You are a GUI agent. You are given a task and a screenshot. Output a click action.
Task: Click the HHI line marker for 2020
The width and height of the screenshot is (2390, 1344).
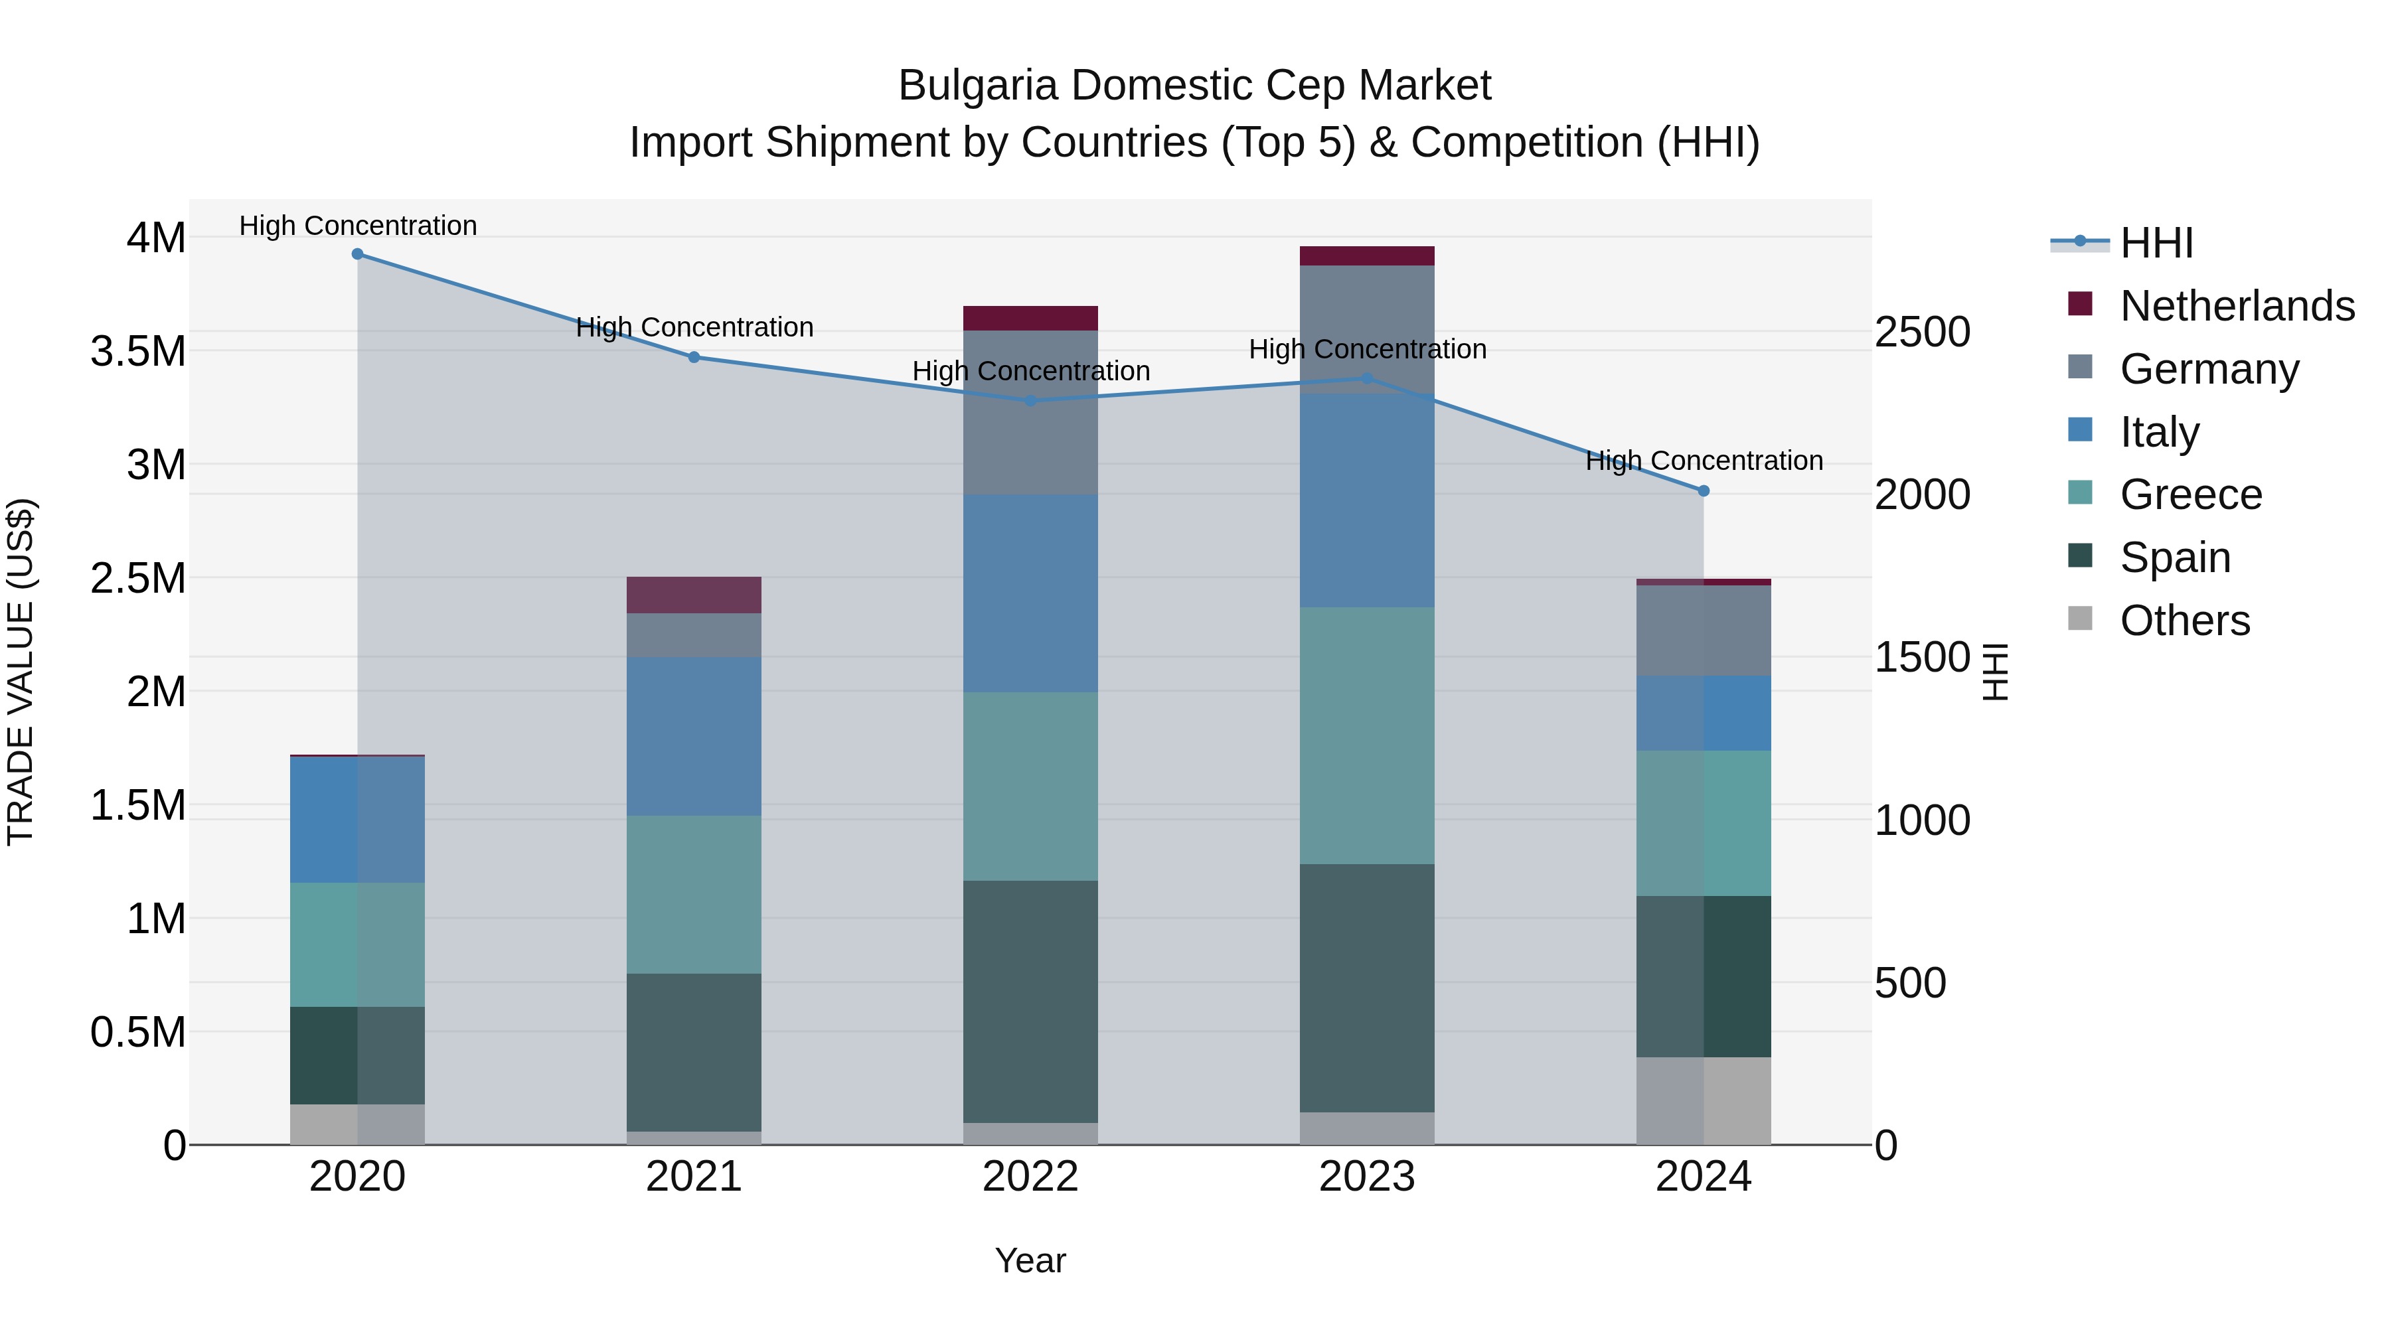(357, 254)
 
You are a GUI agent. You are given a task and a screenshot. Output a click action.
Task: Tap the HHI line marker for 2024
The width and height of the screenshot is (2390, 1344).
(1704, 490)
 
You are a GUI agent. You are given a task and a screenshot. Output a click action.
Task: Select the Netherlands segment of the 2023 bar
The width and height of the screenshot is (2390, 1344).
(1367, 256)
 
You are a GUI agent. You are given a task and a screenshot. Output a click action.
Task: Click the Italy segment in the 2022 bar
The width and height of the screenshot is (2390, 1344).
(1030, 593)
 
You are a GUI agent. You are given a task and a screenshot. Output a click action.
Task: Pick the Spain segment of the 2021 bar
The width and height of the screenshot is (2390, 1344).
(694, 1052)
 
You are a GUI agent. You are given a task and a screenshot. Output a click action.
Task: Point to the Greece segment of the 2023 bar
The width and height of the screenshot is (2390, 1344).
(1367, 735)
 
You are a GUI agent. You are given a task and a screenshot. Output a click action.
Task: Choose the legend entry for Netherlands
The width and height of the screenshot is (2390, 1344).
(2236, 306)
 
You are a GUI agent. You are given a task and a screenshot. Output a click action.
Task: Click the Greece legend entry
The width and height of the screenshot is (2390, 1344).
(2190, 494)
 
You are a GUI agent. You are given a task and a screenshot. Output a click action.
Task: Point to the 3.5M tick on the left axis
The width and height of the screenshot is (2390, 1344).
(137, 352)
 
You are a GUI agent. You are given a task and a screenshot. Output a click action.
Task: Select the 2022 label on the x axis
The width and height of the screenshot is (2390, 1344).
(1030, 1177)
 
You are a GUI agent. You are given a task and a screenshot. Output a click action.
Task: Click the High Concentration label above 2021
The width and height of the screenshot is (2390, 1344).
(694, 327)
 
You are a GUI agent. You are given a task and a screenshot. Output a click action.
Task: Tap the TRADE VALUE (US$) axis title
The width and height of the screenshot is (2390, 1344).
(21, 672)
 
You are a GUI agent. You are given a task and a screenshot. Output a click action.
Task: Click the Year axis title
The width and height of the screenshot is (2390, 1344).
(1030, 1260)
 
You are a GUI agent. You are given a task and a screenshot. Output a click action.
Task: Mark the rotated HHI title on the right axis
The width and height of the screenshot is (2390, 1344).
(1993, 672)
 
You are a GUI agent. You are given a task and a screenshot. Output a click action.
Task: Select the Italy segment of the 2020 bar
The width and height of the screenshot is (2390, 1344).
(357, 820)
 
